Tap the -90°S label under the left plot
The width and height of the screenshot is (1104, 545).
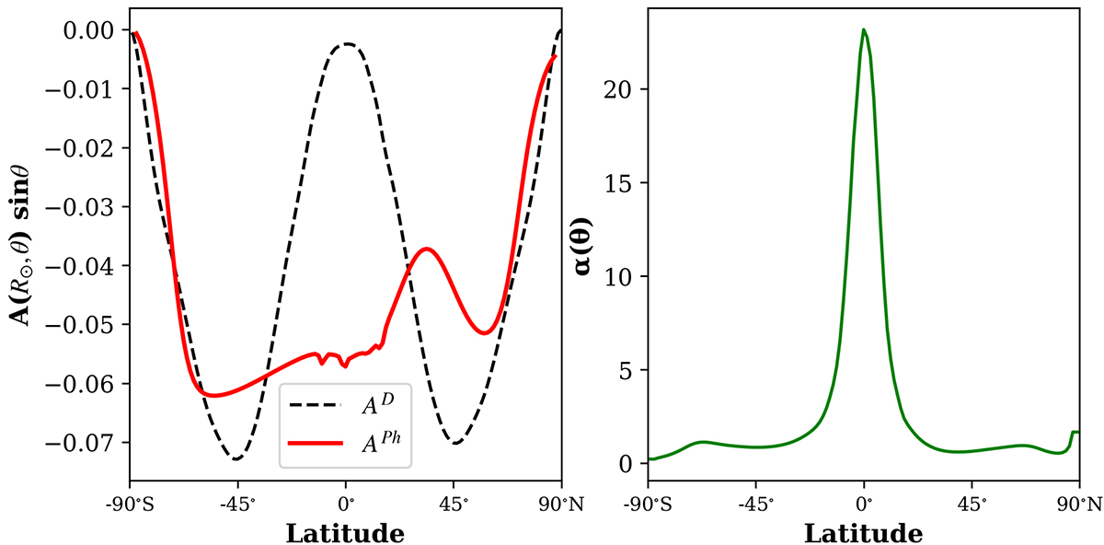coord(130,505)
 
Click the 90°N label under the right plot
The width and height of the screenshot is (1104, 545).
coord(1078,505)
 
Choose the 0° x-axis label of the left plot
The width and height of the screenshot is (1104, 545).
coord(346,505)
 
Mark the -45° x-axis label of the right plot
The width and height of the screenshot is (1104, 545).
coord(755,505)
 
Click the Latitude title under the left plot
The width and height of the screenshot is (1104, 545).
coord(345,532)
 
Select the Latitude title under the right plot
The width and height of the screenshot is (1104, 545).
coord(863,532)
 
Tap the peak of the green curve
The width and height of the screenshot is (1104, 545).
coord(864,29)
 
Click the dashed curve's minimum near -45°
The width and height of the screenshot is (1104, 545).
coord(236,458)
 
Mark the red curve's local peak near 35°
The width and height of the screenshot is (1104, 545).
coord(426,249)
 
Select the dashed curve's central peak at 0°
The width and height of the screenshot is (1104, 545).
coord(347,43)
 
